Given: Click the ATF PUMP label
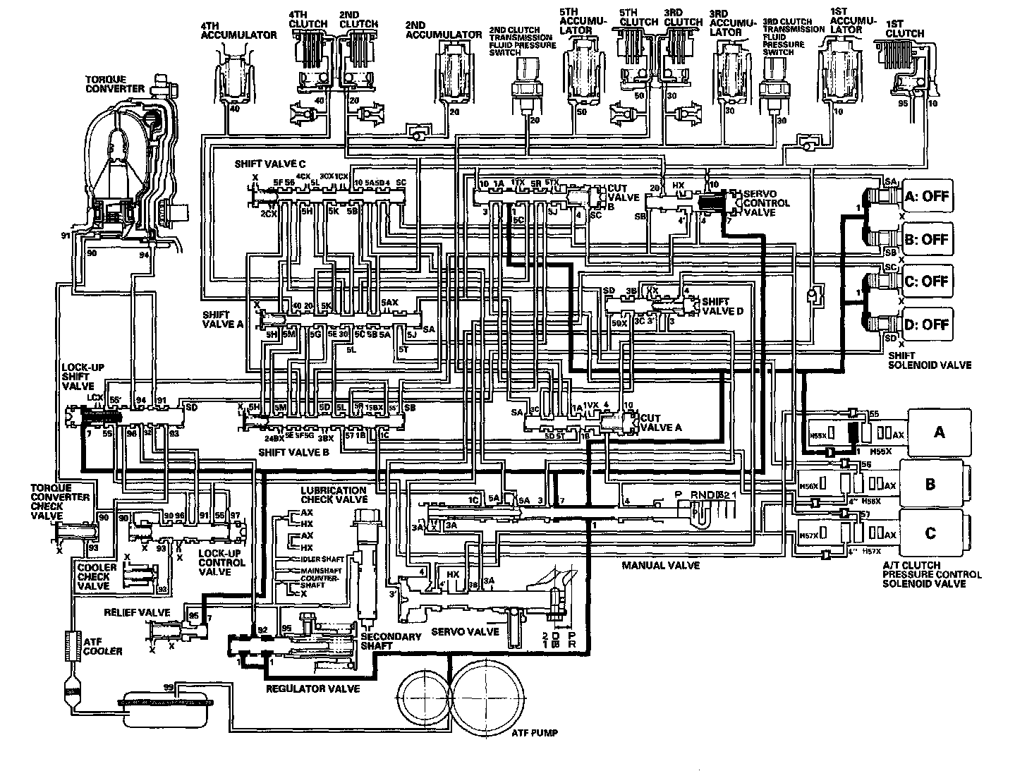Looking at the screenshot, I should point(534,734).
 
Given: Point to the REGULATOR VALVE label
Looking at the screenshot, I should point(312,688).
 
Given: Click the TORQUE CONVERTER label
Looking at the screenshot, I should point(115,84).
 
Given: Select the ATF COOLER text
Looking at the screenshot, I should point(103,645).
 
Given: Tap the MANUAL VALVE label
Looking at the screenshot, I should point(660,566).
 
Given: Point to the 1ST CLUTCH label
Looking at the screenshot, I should point(905,28).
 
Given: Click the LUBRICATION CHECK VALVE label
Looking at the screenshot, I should point(333,494).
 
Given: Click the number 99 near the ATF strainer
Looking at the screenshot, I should point(168,687).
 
